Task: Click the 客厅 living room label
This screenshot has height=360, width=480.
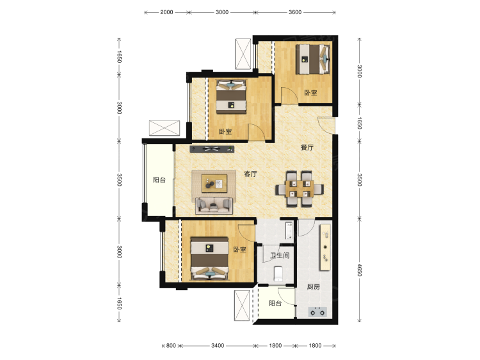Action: point(250,174)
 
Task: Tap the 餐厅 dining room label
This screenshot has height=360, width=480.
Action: point(307,147)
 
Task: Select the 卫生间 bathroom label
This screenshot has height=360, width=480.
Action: point(280,255)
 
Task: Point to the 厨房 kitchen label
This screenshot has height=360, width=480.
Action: point(314,287)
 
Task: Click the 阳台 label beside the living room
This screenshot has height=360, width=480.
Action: point(159,180)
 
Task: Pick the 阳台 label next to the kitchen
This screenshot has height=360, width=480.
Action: point(275,304)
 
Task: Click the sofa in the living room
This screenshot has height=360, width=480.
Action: point(214,205)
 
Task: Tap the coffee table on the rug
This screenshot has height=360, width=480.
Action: point(214,183)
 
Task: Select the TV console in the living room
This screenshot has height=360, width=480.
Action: point(212,149)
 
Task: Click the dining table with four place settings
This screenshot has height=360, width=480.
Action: point(300,188)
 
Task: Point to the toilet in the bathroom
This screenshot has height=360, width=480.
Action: point(278,274)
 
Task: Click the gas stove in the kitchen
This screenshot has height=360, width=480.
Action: point(317,312)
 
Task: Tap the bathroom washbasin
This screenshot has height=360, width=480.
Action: point(289,231)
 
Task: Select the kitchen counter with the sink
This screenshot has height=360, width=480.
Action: point(325,247)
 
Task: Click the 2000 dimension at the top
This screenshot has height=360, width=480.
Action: point(166,12)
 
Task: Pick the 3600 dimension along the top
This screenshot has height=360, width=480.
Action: point(295,12)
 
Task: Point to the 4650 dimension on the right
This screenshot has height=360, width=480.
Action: point(360,270)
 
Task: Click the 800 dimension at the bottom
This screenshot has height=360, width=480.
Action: point(171,346)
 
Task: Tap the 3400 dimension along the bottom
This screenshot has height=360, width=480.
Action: point(218,346)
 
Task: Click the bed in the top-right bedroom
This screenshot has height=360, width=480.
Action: point(313,59)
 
